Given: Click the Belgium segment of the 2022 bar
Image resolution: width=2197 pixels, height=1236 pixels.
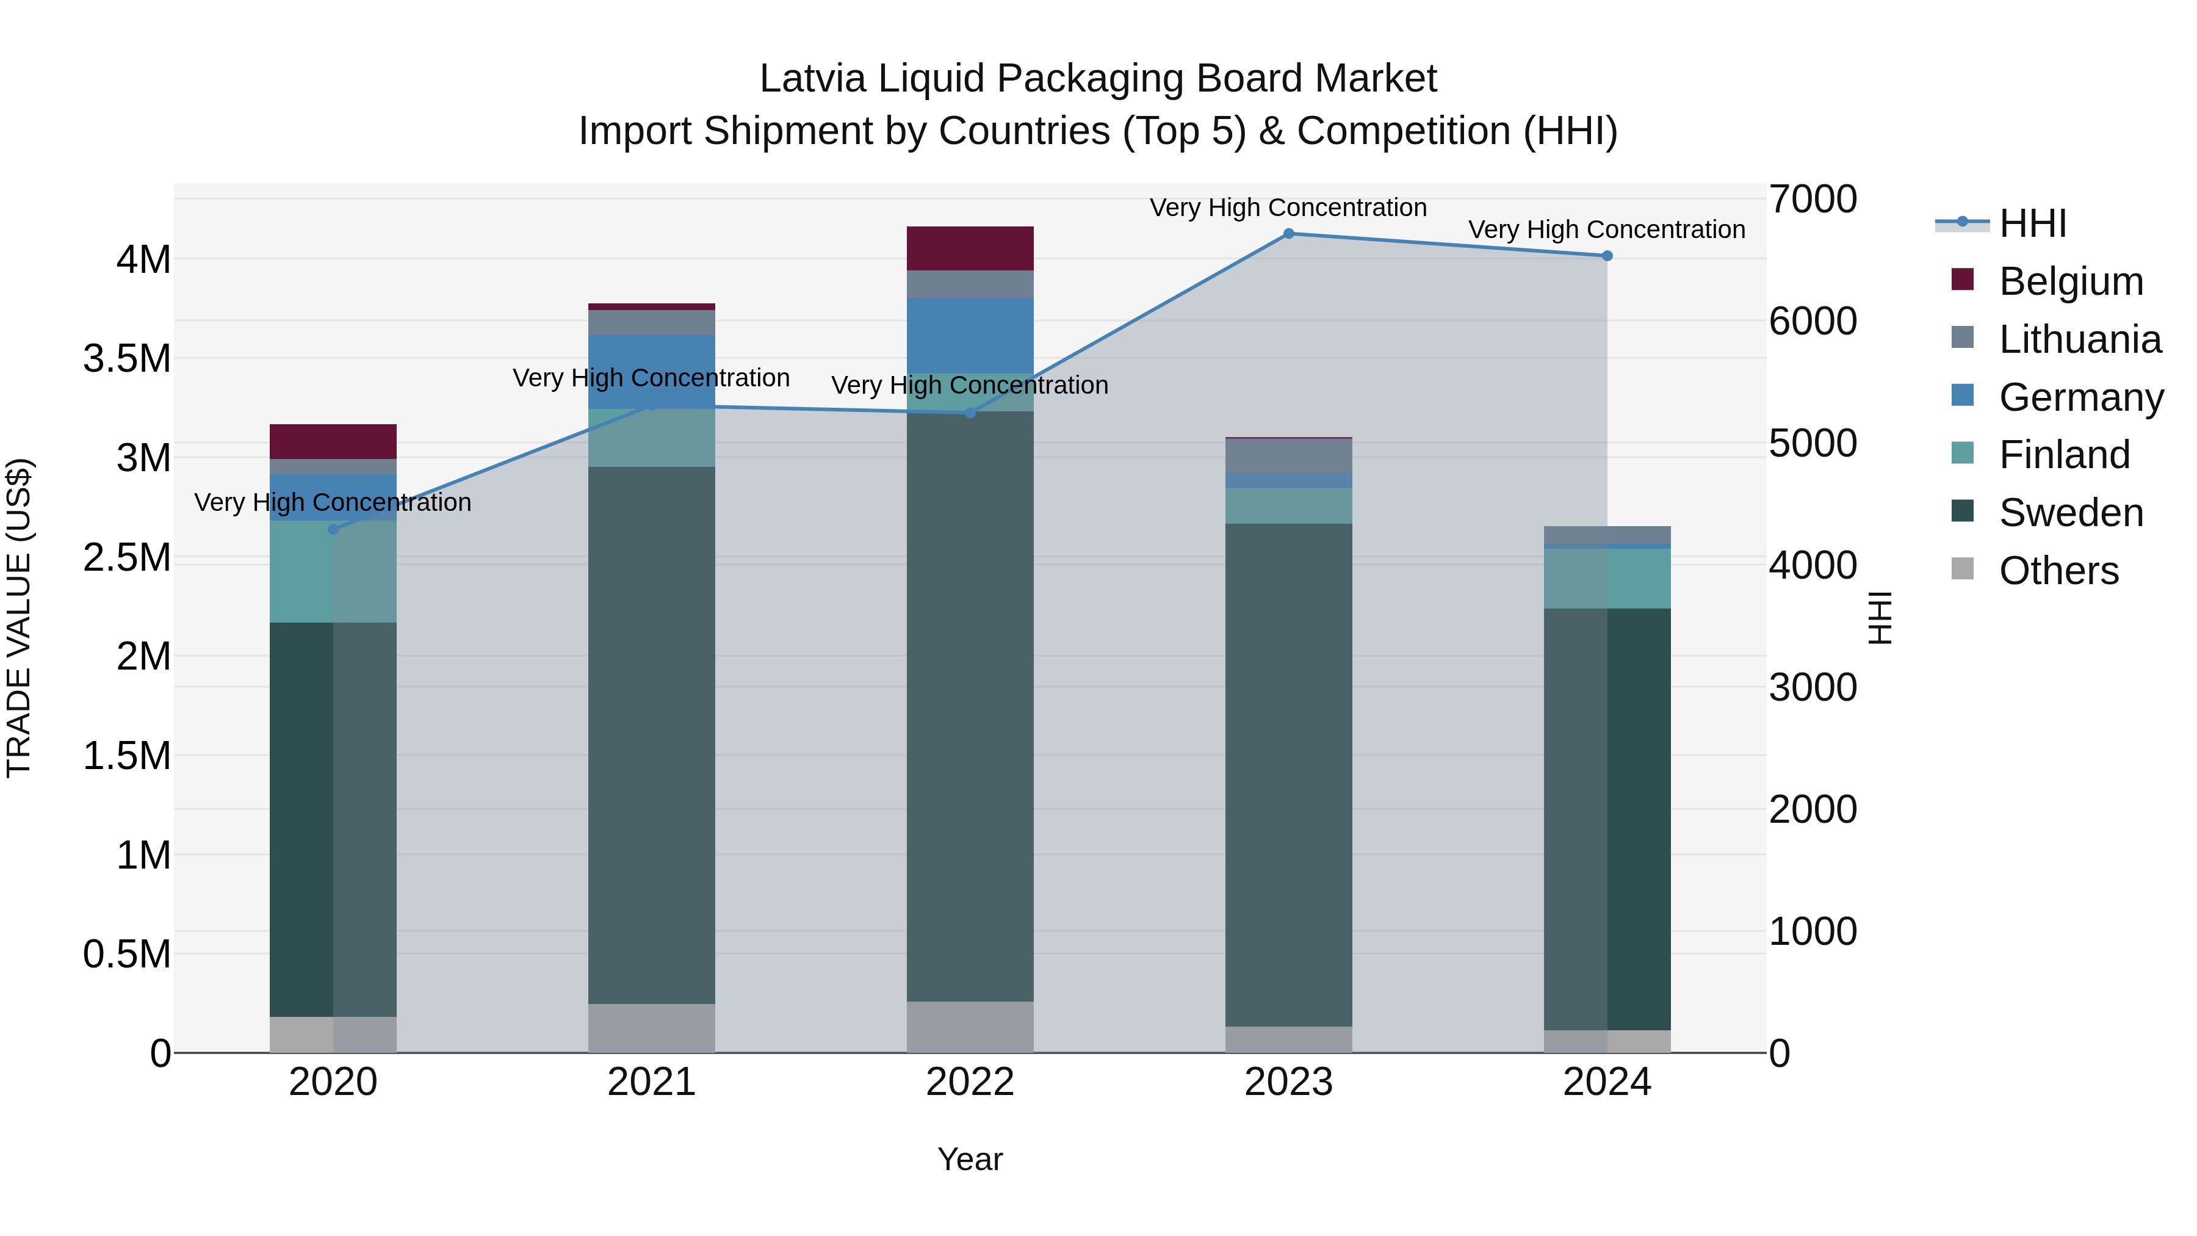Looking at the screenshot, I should pos(970,248).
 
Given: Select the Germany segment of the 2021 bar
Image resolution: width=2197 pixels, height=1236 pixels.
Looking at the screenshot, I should pos(652,371).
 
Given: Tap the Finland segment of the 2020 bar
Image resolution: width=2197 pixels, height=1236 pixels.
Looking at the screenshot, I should pos(333,571).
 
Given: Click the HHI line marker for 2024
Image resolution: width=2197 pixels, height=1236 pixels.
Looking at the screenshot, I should pos(1607,256).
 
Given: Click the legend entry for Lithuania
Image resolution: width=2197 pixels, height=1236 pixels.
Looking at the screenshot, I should pos(2079,339).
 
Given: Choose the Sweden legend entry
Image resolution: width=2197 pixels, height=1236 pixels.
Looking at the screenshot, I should pos(2070,513).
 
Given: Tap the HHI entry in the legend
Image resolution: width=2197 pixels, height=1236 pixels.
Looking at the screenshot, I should pos(2032,223).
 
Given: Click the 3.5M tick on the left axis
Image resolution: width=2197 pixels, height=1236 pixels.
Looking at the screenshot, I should pos(126,359).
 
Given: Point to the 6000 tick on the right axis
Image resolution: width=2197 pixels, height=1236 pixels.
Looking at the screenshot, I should pos(1813,322).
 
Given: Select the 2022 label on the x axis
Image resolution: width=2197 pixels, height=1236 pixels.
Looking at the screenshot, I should pos(970,1082).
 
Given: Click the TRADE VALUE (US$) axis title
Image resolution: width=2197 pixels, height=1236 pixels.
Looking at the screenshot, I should pos(19,618).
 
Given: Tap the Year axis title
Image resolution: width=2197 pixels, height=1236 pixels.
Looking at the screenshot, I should pos(970,1159).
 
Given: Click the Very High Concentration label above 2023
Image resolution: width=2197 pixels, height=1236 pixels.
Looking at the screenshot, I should pos(1288,208).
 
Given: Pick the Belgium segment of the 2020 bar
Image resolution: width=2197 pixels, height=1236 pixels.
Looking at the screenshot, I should pos(333,441).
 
